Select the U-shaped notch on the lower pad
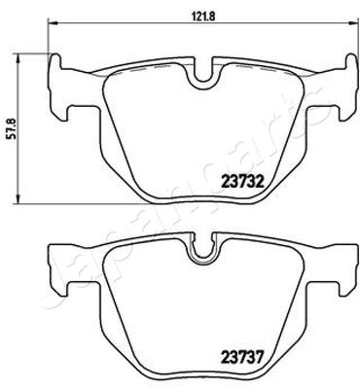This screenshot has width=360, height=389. coord(204,252)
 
